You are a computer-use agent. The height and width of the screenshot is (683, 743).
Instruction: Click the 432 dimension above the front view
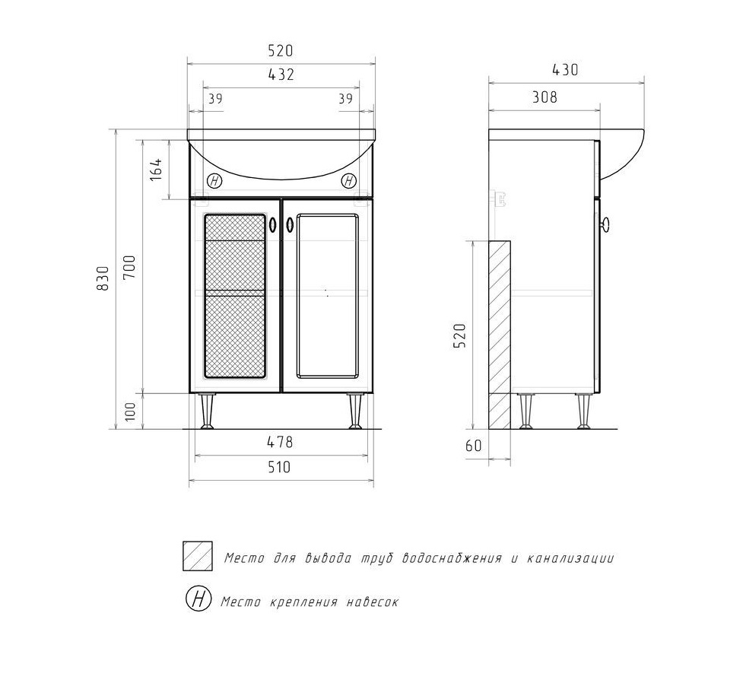coord(281,75)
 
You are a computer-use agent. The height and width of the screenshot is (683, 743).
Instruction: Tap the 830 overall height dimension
coord(103,278)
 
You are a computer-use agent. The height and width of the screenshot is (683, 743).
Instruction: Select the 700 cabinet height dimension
coord(129,267)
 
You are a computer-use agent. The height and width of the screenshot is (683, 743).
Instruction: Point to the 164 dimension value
coord(156,169)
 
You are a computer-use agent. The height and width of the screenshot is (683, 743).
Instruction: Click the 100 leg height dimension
coord(130,411)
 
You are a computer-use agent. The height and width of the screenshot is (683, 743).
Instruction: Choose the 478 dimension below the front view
coord(280,442)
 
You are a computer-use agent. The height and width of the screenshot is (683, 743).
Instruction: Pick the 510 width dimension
coord(279,467)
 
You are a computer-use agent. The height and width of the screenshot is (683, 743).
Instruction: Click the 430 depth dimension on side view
coord(565,70)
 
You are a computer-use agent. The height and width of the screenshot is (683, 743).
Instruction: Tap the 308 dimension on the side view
coord(545,97)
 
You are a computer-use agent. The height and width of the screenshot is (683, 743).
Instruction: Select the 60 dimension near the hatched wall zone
coord(473,446)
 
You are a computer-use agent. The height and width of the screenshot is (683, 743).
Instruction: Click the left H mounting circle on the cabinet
coord(214,180)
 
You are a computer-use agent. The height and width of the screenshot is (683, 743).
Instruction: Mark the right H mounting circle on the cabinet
coord(349,180)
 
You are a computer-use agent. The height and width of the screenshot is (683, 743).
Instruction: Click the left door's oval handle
coord(272,224)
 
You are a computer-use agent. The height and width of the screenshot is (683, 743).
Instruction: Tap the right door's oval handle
coord(290,224)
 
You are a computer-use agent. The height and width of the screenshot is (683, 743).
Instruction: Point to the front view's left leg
coord(207,411)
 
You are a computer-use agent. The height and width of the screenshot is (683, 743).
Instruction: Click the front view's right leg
coord(355,411)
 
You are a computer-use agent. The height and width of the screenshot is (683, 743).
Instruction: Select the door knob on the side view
coord(605,224)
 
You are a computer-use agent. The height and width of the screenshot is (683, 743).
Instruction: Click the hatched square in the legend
coord(198,556)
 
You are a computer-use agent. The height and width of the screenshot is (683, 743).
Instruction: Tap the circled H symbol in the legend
coord(198,599)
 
